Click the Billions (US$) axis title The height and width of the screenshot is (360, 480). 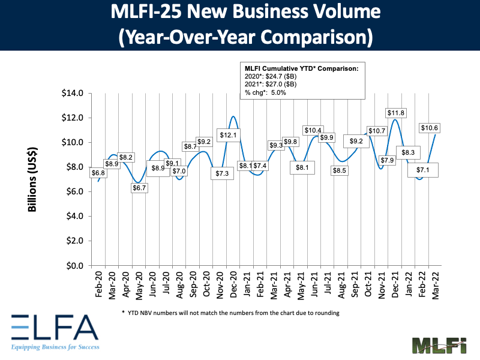(34, 179)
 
